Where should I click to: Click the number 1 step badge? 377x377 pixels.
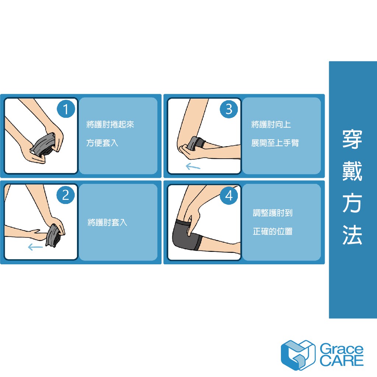66,109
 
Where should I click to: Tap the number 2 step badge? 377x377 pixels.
66,195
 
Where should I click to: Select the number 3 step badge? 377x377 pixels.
229,109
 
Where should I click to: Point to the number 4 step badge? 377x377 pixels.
229,195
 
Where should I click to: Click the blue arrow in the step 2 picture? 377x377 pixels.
35,247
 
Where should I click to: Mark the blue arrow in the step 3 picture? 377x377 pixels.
193,166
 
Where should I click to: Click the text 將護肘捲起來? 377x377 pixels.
110,124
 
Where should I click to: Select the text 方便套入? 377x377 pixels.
102,143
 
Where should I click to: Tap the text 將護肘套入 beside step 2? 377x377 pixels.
107,222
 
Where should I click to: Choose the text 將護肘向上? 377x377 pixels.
271,124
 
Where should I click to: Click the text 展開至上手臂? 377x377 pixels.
275,143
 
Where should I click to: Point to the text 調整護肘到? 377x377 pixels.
273,213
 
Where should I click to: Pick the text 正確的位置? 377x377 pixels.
273,231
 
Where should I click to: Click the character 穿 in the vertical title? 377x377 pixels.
352,140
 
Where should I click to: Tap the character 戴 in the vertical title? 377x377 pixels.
352,171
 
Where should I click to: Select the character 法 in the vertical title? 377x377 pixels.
352,235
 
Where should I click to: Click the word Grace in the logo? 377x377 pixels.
341,349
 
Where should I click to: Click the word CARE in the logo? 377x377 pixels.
341,361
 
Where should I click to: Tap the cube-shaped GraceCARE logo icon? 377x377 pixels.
298,355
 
